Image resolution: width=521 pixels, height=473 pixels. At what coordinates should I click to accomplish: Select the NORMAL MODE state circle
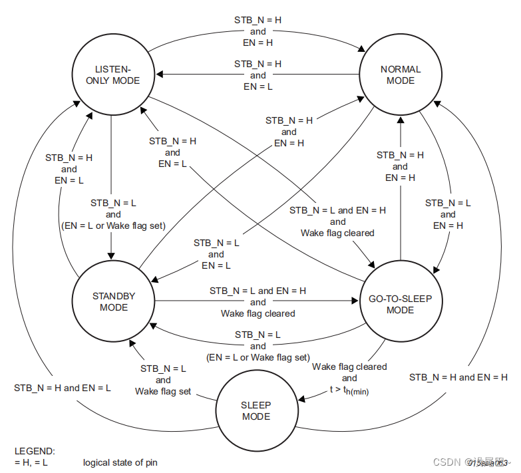tap(401, 75)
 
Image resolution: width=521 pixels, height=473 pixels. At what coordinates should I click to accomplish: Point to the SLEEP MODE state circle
tap(256, 410)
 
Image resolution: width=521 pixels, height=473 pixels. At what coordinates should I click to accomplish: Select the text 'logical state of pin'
tap(120, 462)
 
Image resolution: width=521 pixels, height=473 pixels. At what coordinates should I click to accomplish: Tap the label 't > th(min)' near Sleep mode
tap(349, 391)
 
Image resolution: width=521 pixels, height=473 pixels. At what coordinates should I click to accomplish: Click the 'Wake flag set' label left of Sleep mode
tap(163, 391)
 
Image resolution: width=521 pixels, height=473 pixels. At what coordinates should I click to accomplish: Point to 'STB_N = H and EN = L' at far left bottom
tap(63, 387)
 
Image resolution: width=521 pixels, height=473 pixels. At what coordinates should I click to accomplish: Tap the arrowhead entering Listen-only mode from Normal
tap(160, 75)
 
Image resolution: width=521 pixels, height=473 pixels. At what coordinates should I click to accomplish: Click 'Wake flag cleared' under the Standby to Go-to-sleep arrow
tap(258, 313)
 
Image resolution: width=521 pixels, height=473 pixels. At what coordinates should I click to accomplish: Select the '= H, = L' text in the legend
tap(31, 462)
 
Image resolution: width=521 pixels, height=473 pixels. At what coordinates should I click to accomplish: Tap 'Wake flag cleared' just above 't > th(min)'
tap(349, 367)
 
